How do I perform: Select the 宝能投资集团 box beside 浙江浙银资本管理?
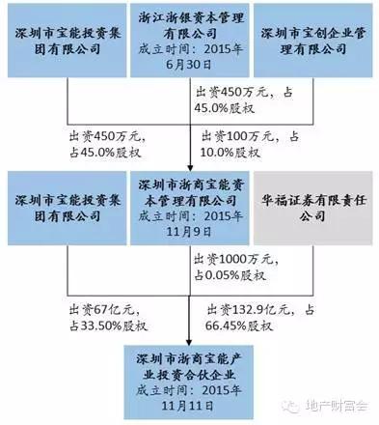(x=65, y=42)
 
